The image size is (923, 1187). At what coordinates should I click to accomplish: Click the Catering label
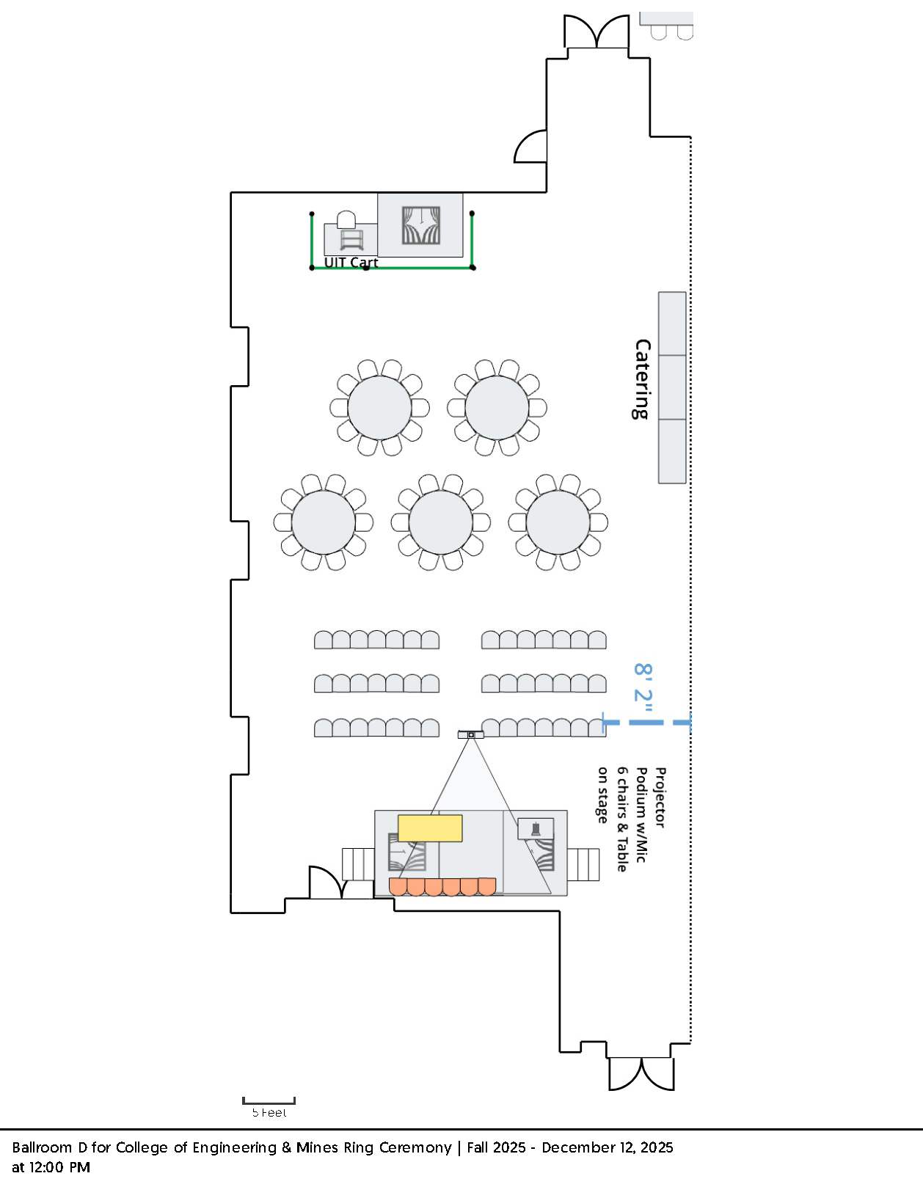click(642, 379)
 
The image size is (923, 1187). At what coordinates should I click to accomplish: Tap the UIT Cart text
click(351, 262)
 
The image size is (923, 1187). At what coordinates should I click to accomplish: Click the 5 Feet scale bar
click(269, 1100)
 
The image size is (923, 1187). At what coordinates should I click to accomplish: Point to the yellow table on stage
click(430, 828)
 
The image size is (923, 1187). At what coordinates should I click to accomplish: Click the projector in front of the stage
click(471, 734)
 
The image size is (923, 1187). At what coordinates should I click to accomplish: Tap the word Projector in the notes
click(660, 797)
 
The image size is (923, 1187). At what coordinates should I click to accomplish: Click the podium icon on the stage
click(536, 828)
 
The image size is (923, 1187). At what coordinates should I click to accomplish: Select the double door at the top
click(597, 32)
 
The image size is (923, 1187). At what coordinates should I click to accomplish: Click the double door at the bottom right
click(641, 1074)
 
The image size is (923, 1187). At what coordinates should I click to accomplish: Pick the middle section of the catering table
click(672, 387)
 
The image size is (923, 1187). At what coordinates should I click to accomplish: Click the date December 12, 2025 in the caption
click(608, 1147)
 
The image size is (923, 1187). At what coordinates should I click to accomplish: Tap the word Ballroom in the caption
click(42, 1147)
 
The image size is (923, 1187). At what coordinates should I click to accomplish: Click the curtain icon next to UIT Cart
click(420, 225)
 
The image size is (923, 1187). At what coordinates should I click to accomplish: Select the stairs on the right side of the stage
click(583, 864)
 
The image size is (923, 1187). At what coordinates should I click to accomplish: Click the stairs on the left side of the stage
click(358, 864)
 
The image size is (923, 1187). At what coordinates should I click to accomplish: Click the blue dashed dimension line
click(646, 723)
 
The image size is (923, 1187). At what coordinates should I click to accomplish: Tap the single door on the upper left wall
click(530, 147)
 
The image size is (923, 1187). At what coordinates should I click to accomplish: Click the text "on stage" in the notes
click(602, 795)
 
